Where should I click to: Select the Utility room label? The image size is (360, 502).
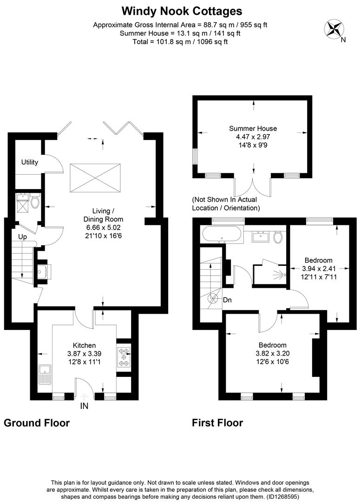[29, 162]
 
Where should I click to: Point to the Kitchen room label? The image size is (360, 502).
[84, 345]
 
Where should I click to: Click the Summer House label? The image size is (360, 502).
[253, 129]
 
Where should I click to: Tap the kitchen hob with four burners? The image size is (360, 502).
[124, 357]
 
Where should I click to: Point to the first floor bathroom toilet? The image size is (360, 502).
[278, 238]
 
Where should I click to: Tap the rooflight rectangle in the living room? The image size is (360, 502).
[95, 177]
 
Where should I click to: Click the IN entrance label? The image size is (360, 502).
[84, 406]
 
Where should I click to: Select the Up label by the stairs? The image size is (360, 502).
[23, 237]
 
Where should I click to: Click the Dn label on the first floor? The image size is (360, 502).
[227, 300]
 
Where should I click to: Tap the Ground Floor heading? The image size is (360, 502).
[37, 423]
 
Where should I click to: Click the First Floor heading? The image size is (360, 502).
[217, 423]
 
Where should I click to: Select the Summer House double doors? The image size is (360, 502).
[254, 186]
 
